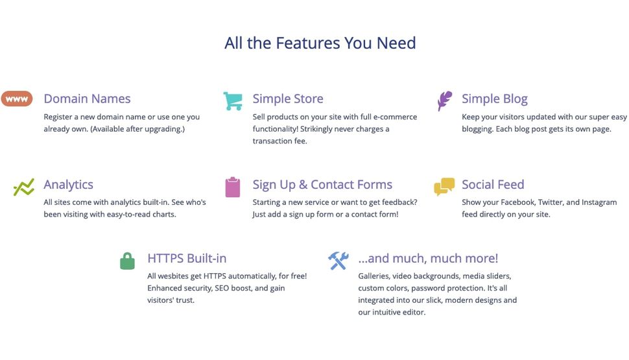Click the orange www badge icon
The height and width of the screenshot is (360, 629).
click(17, 99)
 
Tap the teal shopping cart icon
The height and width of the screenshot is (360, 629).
click(233, 101)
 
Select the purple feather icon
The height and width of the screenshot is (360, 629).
click(444, 101)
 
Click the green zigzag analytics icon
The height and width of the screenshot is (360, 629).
click(23, 187)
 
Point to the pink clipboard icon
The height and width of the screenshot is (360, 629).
click(233, 187)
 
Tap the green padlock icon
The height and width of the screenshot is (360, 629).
click(128, 261)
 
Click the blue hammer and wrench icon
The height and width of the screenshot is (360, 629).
click(338, 261)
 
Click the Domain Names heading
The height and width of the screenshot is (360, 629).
click(87, 99)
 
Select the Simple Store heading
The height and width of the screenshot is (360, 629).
click(288, 99)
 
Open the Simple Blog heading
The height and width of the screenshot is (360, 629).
click(495, 99)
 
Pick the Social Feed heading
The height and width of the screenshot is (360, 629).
click(493, 184)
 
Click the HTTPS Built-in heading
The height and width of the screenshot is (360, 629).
click(187, 258)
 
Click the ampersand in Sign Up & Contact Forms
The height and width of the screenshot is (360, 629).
click(303, 185)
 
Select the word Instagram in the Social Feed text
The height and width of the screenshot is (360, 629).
click(599, 202)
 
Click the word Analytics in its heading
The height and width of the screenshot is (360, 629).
click(68, 185)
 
